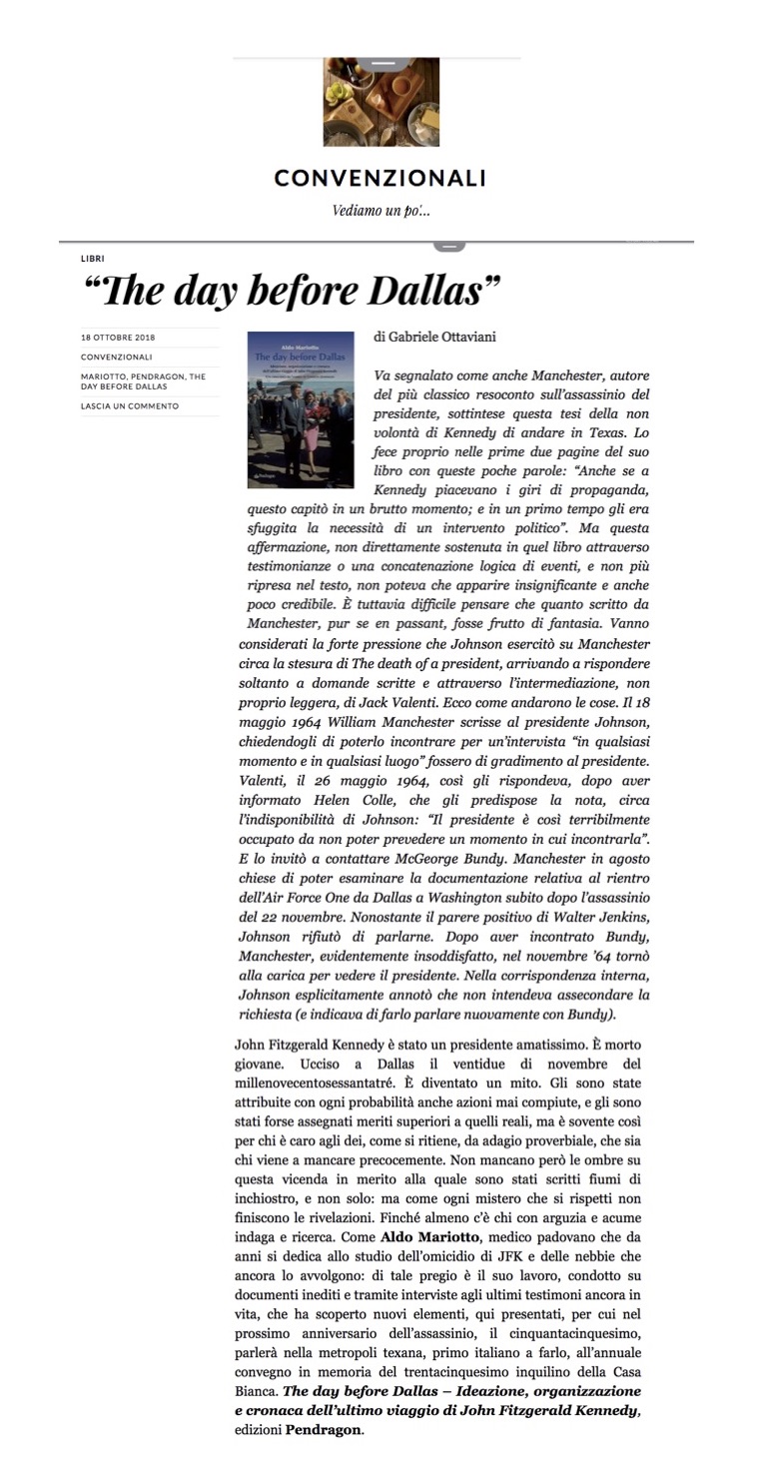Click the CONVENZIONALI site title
(x=380, y=178)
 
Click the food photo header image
(x=381, y=102)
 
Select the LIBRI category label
(x=92, y=258)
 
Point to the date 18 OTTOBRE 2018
(x=118, y=338)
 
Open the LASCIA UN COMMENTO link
(x=129, y=405)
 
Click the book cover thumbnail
(x=301, y=409)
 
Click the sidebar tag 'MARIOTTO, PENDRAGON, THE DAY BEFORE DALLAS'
(x=143, y=380)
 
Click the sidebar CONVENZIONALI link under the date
(x=117, y=357)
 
